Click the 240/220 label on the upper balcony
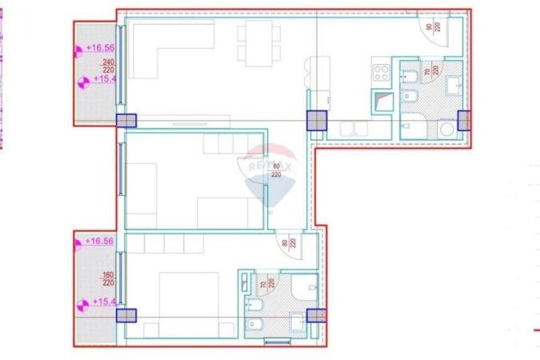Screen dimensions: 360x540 click(107, 66)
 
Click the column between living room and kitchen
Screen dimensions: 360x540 click(318, 120)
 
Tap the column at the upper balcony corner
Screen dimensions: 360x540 click(126, 121)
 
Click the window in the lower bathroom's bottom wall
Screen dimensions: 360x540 click(277, 342)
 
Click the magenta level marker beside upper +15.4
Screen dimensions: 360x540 click(83, 80)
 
